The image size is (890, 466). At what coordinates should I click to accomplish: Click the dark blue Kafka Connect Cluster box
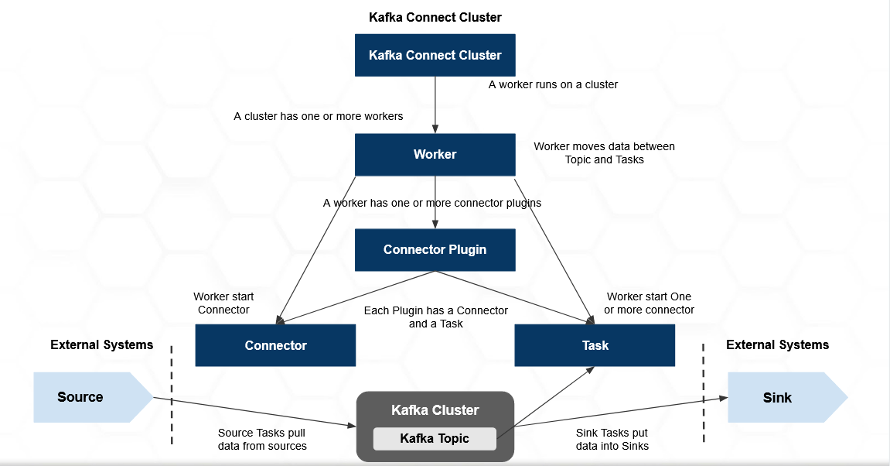click(435, 55)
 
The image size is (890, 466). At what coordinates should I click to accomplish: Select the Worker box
click(435, 154)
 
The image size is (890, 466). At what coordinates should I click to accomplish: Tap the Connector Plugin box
click(435, 249)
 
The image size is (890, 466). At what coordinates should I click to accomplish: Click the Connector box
click(275, 345)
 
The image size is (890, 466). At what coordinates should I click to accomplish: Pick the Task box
click(595, 345)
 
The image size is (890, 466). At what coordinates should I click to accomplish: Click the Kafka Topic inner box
click(434, 439)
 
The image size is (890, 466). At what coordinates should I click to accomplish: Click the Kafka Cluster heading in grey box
click(435, 410)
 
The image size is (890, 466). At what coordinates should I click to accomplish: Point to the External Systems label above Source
click(101, 344)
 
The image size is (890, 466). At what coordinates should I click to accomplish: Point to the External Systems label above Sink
click(777, 344)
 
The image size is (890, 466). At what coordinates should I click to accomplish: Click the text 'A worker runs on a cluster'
click(553, 84)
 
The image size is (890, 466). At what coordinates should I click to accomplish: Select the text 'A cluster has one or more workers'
click(318, 116)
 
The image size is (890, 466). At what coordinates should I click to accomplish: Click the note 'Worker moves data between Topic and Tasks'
click(604, 152)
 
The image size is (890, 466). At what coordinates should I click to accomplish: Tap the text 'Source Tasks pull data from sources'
click(262, 440)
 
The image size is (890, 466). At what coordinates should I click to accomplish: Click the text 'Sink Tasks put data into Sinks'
click(612, 440)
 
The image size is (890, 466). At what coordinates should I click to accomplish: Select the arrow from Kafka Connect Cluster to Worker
click(435, 105)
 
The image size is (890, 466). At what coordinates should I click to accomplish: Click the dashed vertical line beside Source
click(172, 395)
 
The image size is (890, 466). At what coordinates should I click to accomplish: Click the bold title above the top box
click(435, 17)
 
